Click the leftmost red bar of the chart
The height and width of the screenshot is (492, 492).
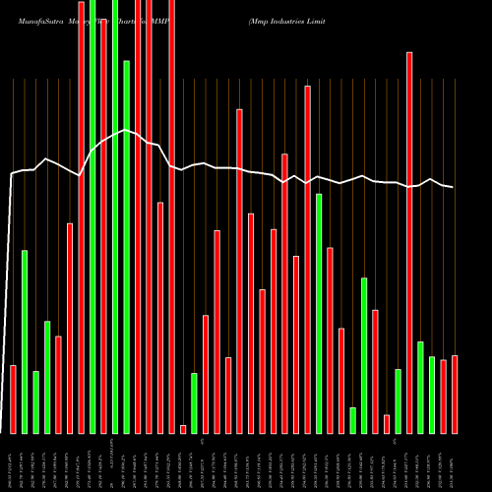13,399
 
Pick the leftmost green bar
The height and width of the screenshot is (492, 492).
25,341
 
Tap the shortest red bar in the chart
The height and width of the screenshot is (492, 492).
183,429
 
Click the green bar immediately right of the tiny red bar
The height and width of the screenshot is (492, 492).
194,403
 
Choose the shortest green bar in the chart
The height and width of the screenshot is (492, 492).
352,420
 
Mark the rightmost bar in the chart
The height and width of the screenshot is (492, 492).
455,394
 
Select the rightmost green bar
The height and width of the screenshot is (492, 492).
432,395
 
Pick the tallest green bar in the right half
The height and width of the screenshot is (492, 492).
319,313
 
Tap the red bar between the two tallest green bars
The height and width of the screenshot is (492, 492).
103,226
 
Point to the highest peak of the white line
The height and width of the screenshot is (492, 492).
126,130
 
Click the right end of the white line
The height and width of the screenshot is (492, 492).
454,187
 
